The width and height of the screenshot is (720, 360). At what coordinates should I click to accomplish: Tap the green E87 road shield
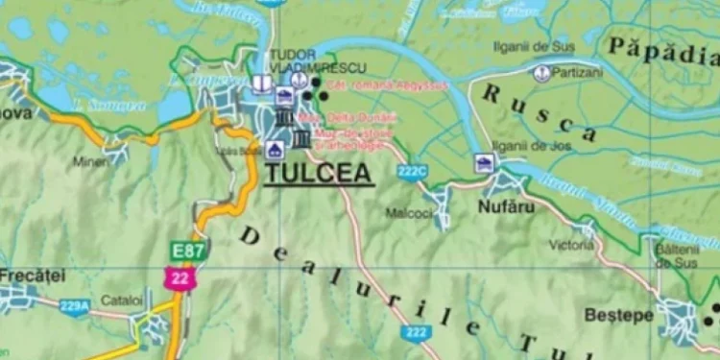189,252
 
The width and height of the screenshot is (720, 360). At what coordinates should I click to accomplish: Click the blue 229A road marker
74,306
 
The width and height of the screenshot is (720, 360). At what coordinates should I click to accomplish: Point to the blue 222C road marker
411,172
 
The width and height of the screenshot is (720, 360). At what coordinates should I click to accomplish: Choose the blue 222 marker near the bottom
416,332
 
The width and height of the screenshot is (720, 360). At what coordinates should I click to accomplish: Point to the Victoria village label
573,245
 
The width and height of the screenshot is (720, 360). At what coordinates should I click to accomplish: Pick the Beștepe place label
619,315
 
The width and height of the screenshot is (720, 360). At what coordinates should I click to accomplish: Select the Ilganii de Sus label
532,45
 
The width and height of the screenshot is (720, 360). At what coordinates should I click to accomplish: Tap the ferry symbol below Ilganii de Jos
483,163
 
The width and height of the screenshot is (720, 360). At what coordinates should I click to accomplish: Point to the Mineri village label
91,161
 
